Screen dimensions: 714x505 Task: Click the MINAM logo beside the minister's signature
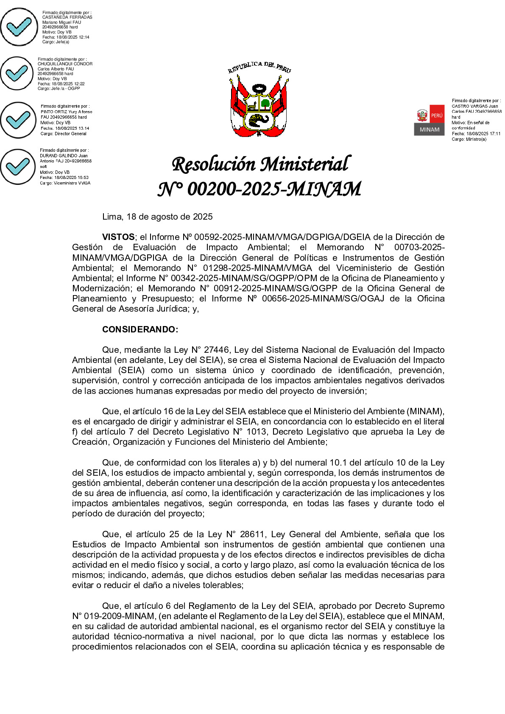point(429,120)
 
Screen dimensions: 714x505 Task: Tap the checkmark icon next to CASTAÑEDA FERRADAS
point(19,27)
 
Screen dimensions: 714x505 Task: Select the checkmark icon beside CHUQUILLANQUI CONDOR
point(17,73)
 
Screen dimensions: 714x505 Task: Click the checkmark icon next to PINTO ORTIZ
point(18,120)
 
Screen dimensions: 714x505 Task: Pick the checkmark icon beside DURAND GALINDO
point(18,167)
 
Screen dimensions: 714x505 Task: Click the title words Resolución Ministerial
point(261,165)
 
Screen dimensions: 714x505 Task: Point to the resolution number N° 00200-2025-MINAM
point(259,189)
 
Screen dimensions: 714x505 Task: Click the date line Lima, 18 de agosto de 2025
point(157,217)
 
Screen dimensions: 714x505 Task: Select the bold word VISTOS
point(118,237)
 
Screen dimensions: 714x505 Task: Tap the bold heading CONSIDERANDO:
point(140,329)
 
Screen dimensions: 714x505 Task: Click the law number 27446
point(217,350)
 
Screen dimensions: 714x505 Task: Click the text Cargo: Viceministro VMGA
point(65,183)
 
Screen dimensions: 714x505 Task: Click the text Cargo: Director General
point(63,134)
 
